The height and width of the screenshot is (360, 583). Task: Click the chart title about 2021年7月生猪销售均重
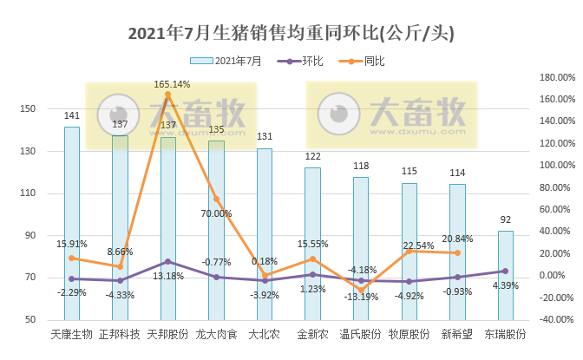tap(291, 34)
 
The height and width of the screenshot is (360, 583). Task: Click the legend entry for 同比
tap(374, 61)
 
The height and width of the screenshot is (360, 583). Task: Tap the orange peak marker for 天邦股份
tap(167, 95)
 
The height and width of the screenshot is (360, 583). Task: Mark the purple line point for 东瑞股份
tap(505, 271)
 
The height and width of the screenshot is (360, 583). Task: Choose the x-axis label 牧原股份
tap(409, 334)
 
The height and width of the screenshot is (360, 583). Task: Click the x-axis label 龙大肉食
tap(215, 334)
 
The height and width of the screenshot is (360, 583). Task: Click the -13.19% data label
tap(360, 297)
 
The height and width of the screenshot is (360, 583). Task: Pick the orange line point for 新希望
tap(457, 252)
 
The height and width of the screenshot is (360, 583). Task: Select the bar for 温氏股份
tap(361, 248)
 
